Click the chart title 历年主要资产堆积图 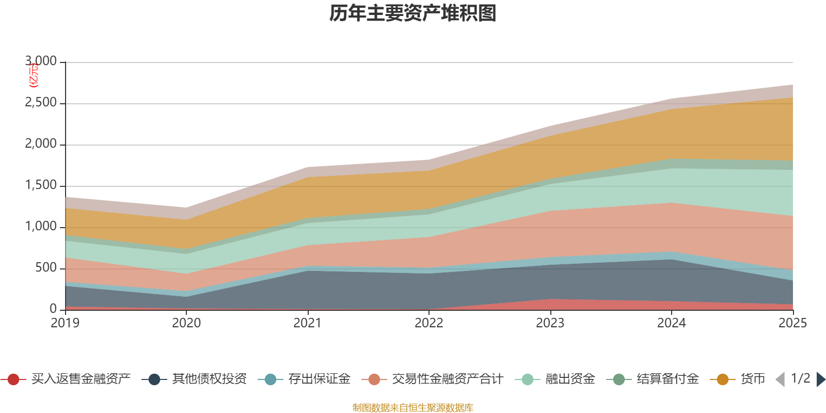tap(413, 13)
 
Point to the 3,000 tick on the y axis tap(41, 61)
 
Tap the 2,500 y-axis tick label tap(41, 103)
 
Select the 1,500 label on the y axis tap(41, 185)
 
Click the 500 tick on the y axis tap(46, 268)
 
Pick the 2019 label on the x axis tap(65, 323)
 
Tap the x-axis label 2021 tap(308, 323)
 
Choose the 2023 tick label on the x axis tap(550, 323)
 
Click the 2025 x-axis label tap(792, 323)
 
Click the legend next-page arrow tap(820, 379)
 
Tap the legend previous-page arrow tap(780, 379)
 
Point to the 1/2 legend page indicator tap(800, 378)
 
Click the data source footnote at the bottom tap(413, 408)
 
